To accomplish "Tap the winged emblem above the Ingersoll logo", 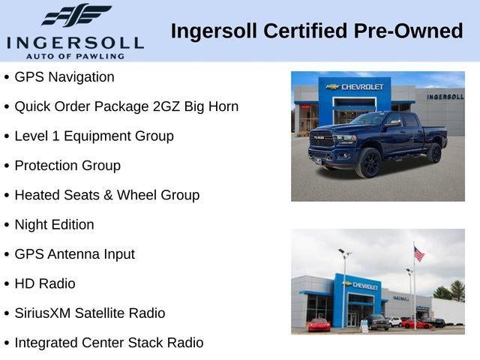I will (76, 16).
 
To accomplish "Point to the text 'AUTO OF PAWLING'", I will (74, 56).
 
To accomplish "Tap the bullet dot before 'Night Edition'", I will (7, 225).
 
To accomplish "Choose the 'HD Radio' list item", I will (45, 283).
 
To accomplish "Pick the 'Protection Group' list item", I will (67, 166).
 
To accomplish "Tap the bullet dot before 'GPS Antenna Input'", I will (7, 255).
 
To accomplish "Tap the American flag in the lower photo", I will (418, 254).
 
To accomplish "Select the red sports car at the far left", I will (319, 325).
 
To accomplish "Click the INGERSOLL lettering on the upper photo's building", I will (445, 97).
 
